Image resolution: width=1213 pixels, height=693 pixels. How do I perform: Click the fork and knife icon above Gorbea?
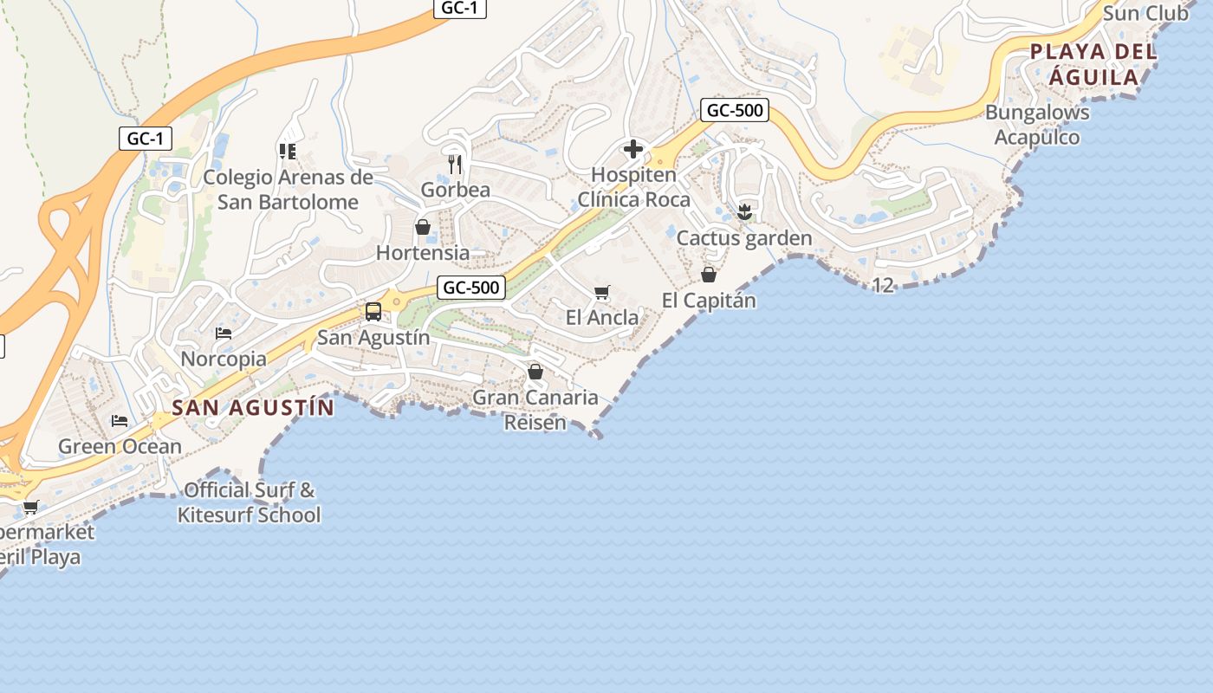point(455,164)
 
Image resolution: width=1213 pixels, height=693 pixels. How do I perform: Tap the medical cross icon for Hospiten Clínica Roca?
point(633,149)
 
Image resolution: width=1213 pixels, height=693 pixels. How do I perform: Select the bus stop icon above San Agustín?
point(373,311)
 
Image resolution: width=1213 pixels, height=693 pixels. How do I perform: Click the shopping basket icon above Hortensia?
point(423,227)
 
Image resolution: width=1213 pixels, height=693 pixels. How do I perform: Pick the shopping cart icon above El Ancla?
point(602,293)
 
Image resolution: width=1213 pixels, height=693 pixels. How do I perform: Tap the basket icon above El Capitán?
point(709,275)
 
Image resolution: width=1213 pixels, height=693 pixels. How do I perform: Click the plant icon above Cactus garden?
point(744,212)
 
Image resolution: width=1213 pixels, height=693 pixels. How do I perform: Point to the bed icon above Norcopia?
point(224,334)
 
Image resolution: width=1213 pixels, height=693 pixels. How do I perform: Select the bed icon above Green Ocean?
point(120,421)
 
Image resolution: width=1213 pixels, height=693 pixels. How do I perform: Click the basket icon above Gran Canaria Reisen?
point(535,372)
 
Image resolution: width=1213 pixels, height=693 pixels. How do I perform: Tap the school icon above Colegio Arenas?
point(288,152)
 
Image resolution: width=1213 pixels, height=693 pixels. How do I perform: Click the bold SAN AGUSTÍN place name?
point(253,407)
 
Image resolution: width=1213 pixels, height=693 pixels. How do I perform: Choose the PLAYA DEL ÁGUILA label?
point(1093,64)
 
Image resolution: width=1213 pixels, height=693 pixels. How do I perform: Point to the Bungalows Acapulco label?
point(1037,125)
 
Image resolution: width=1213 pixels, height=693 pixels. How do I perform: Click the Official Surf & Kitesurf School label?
point(250,502)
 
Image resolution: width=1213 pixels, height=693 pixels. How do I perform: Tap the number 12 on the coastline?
point(883,285)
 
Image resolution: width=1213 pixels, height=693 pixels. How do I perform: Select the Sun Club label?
point(1145,13)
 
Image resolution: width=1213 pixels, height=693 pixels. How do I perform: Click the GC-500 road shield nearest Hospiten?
point(735,110)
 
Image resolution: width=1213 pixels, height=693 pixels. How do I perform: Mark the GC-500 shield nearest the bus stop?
point(471,288)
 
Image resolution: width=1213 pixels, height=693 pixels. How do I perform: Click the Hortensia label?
point(423,253)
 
